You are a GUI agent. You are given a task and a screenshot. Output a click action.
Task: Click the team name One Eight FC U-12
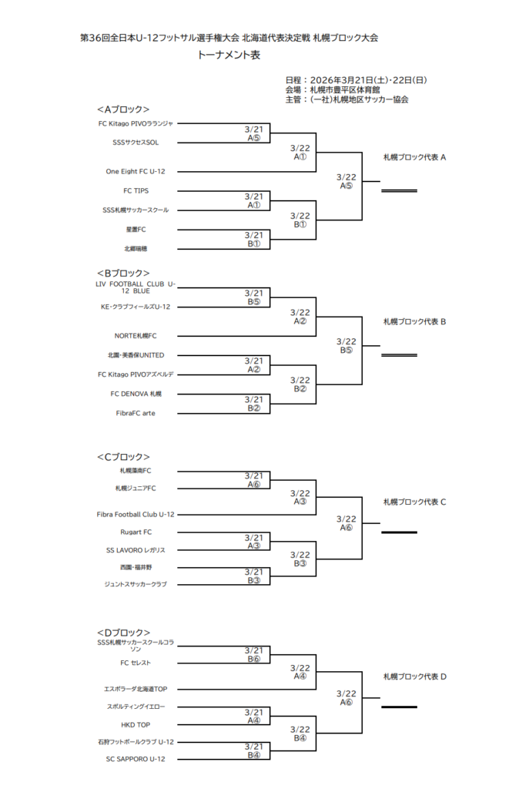point(136,171)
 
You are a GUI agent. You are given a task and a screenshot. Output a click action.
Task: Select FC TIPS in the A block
point(136,190)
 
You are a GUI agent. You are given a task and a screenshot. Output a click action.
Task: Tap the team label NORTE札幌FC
point(136,336)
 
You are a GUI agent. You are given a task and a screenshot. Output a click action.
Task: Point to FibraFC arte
point(136,413)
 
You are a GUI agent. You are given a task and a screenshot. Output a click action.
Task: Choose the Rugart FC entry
point(136,532)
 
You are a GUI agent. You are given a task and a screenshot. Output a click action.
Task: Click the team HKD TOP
point(136,725)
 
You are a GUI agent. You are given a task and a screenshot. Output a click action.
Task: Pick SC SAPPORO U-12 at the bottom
point(136,759)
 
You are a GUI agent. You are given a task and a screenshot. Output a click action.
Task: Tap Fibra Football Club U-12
point(136,514)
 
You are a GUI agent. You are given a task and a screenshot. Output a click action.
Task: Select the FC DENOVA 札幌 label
point(136,393)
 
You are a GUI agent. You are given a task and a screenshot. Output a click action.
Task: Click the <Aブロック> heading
point(123,109)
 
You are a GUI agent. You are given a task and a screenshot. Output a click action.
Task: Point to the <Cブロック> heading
point(123,457)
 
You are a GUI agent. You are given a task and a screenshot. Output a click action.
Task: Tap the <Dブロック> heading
point(123,632)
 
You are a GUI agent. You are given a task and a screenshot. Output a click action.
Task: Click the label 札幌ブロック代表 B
point(415,321)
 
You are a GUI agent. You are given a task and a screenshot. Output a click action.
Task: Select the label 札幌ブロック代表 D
point(415,677)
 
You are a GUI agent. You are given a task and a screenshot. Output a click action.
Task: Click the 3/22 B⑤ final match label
point(347,345)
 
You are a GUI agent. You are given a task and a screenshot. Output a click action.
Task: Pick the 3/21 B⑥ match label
point(254,654)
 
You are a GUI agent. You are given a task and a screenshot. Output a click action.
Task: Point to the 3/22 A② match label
point(300,317)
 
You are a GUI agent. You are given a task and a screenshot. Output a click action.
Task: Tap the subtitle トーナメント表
point(229,55)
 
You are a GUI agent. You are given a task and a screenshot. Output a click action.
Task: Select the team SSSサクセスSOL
point(136,142)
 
